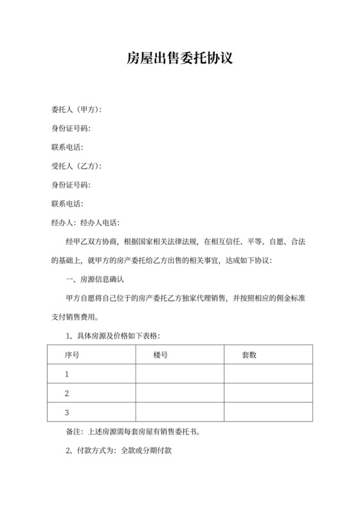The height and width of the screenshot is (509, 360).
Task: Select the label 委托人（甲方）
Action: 76,110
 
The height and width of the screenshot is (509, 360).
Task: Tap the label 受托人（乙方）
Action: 76,166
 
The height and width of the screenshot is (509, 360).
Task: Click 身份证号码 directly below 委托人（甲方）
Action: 71,129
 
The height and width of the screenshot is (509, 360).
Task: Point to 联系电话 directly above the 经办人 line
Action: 67,204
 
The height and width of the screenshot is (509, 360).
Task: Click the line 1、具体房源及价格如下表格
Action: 113,336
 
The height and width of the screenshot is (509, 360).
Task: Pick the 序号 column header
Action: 72,355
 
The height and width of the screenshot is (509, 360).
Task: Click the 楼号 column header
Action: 161,355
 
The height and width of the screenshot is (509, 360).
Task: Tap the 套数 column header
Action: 249,355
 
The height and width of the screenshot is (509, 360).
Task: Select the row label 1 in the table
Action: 67,374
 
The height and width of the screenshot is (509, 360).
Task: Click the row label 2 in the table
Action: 67,393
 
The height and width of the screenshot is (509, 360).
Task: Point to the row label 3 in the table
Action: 67,413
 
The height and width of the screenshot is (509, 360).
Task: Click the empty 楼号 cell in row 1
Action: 179,374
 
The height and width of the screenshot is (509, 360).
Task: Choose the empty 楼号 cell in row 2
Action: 179,393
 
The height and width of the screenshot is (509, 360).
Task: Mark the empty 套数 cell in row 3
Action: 268,413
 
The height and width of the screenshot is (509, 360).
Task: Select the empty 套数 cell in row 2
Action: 268,393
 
